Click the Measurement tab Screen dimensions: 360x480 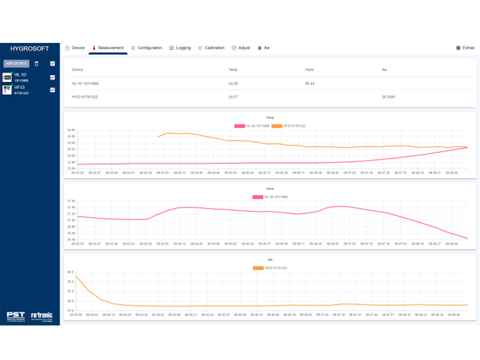point(108,48)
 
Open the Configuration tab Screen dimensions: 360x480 point(147,48)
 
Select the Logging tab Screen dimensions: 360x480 point(180,48)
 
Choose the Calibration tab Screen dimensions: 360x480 point(211,48)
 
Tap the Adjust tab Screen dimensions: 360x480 point(241,48)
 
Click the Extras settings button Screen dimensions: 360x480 point(465,48)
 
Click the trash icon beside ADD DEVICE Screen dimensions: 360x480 point(36,64)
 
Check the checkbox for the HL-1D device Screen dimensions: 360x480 point(52,77)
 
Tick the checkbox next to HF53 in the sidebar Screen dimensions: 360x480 point(52,90)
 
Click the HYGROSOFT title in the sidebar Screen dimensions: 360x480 point(29,49)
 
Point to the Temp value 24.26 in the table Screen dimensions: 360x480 point(233,84)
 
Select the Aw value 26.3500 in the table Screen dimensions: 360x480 point(388,97)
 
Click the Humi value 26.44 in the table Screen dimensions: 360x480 point(309,84)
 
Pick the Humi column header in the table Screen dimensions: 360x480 point(309,70)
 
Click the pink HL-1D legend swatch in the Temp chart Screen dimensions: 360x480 point(240,126)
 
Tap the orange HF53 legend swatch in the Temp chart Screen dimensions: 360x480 point(277,126)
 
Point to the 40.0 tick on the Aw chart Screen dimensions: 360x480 point(70,272)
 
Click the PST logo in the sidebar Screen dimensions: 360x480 point(16,316)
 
